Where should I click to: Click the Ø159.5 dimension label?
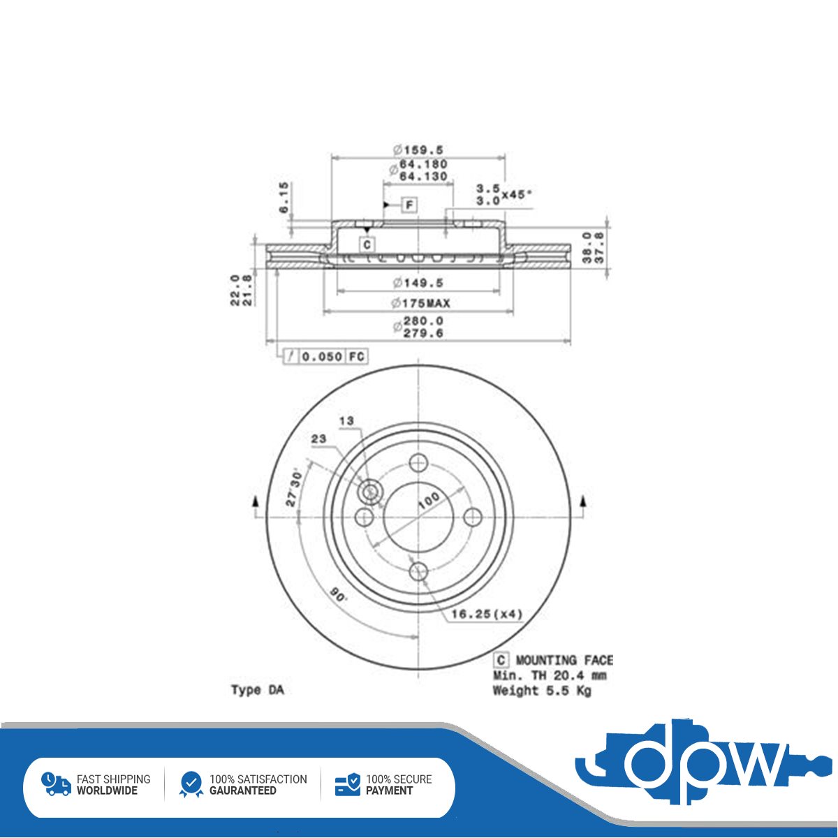click(418, 150)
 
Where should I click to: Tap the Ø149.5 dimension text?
click(418, 283)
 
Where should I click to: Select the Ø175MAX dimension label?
click(420, 303)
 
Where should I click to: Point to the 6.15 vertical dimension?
click(284, 198)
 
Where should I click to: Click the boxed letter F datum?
click(409, 205)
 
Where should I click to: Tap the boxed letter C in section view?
click(367, 245)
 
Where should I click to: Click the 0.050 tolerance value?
click(322, 357)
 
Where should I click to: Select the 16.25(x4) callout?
click(486, 614)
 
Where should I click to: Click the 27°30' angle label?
click(293, 487)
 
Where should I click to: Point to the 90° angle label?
click(339, 595)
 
